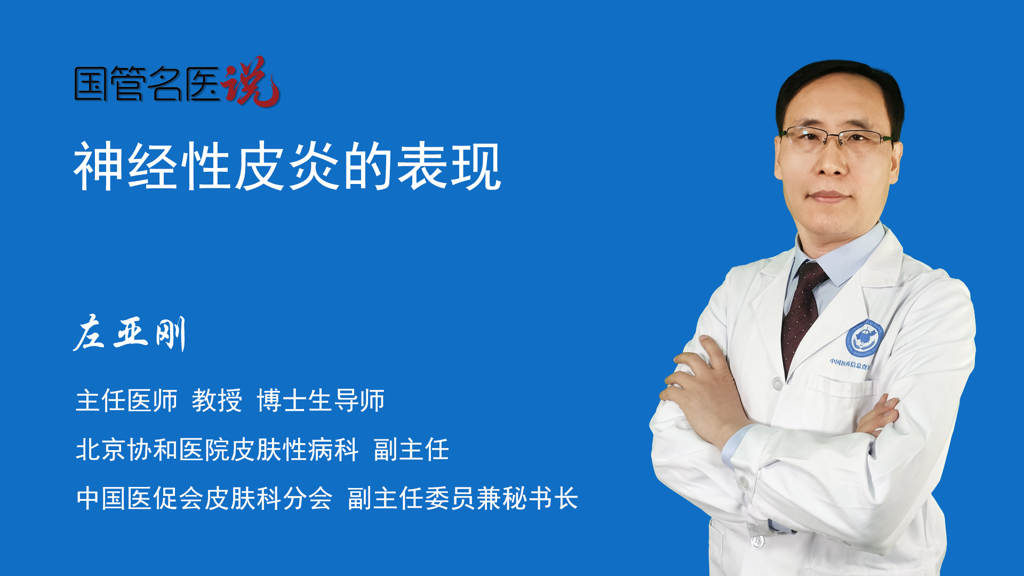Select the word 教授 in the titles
[x=217, y=401]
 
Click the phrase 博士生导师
[x=321, y=401]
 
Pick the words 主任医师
[x=126, y=401]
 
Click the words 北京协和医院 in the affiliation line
[x=153, y=450]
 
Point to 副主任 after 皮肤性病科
[x=411, y=450]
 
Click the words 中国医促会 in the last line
[x=140, y=499]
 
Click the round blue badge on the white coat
[x=865, y=339]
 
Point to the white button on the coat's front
[x=778, y=383]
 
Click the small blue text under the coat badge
[x=851, y=364]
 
